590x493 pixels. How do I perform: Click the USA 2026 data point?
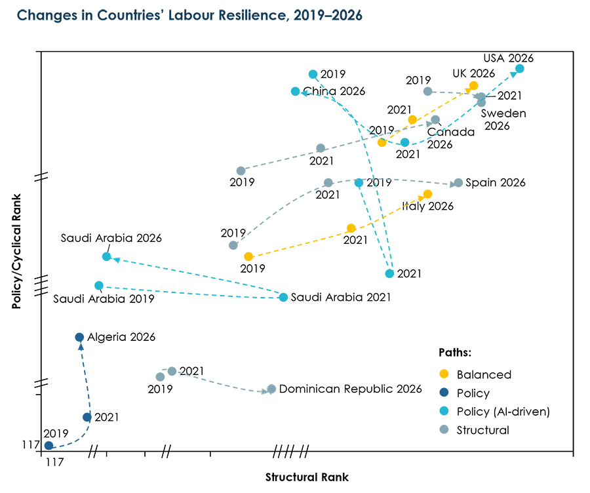[519, 68]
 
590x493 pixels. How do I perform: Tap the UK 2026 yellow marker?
[473, 86]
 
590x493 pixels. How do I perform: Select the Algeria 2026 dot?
[79, 337]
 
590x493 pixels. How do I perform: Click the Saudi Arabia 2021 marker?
[283, 297]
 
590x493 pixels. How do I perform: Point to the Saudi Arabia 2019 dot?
[99, 285]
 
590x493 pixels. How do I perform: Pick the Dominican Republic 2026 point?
[271, 389]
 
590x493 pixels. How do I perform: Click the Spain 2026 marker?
[458, 182]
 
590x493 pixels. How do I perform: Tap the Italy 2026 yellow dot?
[427, 194]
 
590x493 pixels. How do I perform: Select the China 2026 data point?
[296, 91]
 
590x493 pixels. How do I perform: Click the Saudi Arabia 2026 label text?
[111, 239]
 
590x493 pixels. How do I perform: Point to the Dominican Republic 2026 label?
[350, 389]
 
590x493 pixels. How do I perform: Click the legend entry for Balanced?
[484, 375]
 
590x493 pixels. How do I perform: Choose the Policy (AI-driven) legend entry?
[502, 412]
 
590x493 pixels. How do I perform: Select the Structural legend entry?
[482, 430]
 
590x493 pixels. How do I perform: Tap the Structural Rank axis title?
[307, 477]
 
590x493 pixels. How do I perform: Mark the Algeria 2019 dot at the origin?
[49, 445]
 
